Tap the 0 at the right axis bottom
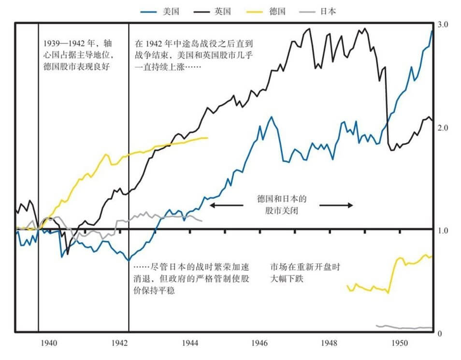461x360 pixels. click(x=439, y=334)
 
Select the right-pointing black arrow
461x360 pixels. click(x=336, y=205)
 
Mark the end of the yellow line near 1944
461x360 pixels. click(x=207, y=138)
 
